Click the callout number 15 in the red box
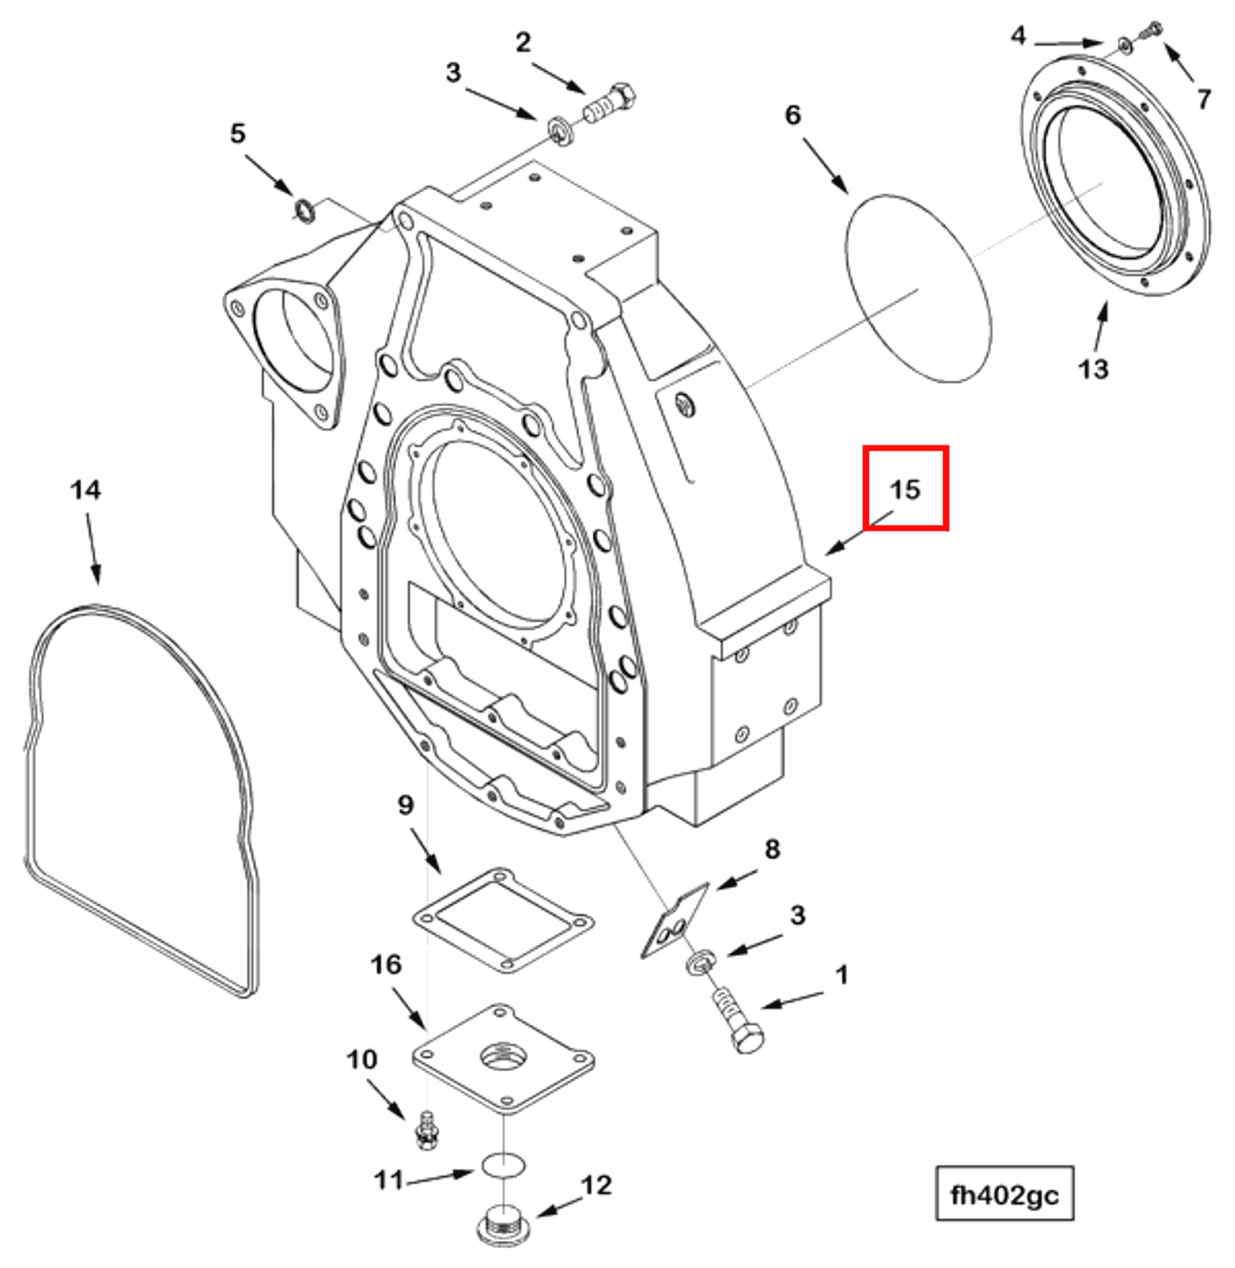(904, 490)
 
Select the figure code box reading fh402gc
(1004, 1195)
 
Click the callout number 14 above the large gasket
(85, 490)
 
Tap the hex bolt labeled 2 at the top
(609, 105)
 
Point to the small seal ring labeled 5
(304, 209)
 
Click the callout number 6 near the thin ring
(792, 115)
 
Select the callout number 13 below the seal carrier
(1092, 368)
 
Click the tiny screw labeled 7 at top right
(1151, 31)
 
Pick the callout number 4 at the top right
(1017, 35)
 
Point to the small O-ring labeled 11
(504, 1164)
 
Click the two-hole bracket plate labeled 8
(675, 922)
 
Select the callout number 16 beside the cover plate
(386, 964)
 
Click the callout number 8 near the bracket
(771, 849)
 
